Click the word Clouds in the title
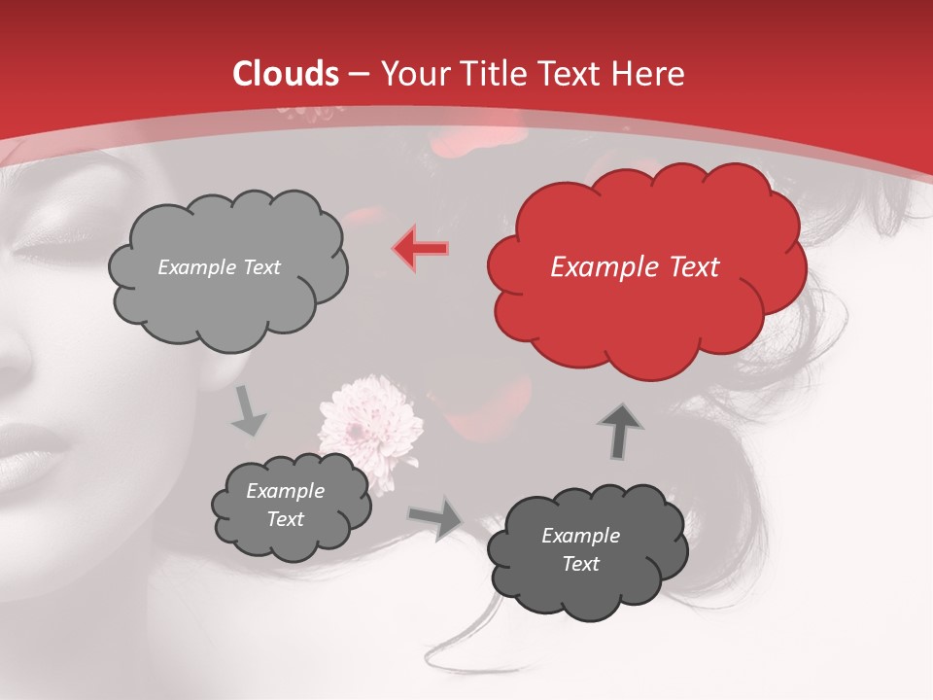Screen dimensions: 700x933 [x=286, y=74]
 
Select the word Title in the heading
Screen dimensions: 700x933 [x=494, y=74]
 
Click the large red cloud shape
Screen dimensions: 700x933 [x=646, y=311]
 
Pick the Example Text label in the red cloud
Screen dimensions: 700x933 [x=635, y=267]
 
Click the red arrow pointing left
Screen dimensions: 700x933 [x=421, y=249]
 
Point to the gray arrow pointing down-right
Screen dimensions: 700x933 [x=248, y=411]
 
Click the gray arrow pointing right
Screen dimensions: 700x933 [x=435, y=517]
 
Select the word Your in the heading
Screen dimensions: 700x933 [x=413, y=74]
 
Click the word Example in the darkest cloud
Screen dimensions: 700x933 [x=580, y=536]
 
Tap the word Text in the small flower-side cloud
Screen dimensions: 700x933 [x=286, y=519]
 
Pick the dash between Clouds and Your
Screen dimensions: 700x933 [x=357, y=74]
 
